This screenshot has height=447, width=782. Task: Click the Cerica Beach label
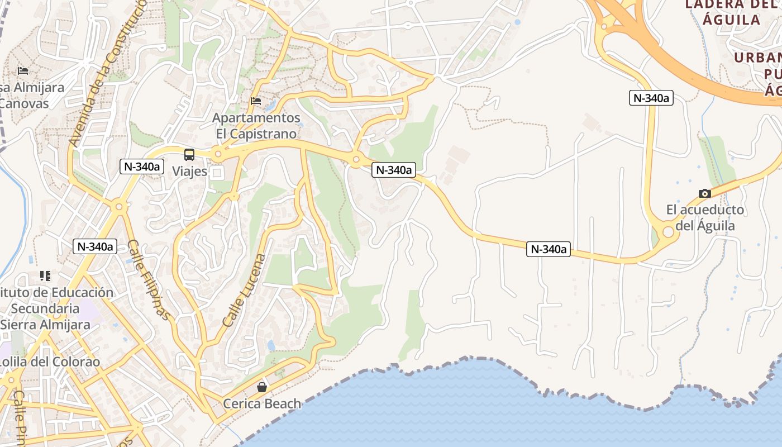[x=262, y=403]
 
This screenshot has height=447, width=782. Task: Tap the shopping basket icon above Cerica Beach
[x=261, y=387]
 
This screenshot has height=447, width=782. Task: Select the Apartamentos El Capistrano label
[x=256, y=126]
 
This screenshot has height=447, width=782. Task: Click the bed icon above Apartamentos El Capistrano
[x=256, y=101]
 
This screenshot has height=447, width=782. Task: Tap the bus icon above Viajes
[x=189, y=155]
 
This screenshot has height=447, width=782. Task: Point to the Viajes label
[x=189, y=171]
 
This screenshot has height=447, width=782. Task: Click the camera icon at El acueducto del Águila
[x=705, y=193]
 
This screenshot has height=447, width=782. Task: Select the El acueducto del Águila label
[x=705, y=218]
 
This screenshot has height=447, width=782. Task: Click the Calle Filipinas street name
[x=149, y=279]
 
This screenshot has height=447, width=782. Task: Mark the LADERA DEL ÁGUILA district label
[x=731, y=12]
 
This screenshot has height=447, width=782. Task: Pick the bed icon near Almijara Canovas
[x=23, y=71]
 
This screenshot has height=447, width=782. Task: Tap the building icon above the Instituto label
[x=45, y=275]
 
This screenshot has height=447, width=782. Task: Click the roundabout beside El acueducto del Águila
[x=668, y=232]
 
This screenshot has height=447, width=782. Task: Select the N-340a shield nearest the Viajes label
[x=142, y=166]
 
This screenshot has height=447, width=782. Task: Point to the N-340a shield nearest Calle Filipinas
[x=95, y=246]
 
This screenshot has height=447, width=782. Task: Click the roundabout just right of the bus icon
[x=218, y=154]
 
